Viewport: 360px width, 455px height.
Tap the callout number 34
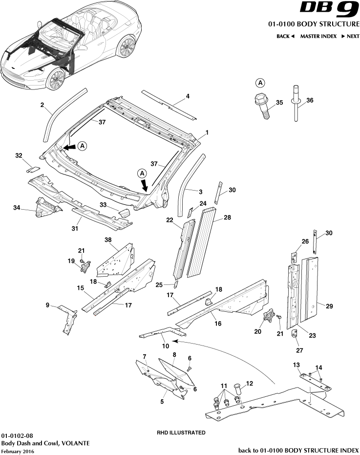click(x=17, y=208)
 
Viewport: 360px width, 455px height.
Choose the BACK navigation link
click(x=285, y=36)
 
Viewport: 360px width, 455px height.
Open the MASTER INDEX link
click(x=318, y=36)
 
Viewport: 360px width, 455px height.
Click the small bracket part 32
click(x=32, y=169)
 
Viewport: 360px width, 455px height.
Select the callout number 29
click(x=329, y=306)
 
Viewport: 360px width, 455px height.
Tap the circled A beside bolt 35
click(x=260, y=83)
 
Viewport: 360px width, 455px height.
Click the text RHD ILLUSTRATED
click(x=181, y=433)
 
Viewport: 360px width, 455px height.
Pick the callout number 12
click(x=250, y=384)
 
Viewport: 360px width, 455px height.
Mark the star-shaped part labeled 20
click(x=269, y=317)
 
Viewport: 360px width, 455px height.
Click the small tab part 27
click(x=295, y=334)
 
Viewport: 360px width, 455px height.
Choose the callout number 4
click(x=187, y=96)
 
